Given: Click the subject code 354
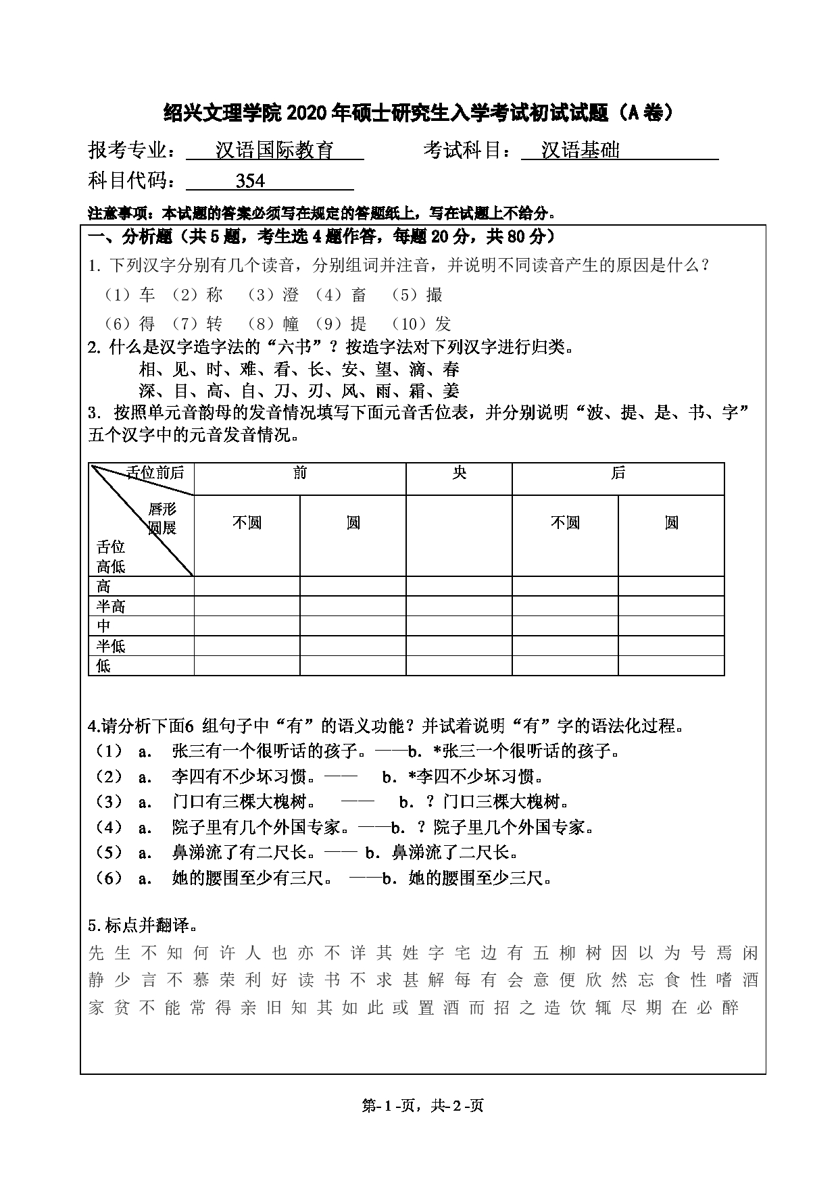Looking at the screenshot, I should (x=250, y=181).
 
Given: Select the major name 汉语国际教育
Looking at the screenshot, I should (x=274, y=150).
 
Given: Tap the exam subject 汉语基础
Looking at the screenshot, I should (x=581, y=150).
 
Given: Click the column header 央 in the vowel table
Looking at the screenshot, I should (x=459, y=474).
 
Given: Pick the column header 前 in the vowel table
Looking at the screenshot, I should (x=299, y=474).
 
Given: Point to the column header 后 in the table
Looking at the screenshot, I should (x=618, y=474).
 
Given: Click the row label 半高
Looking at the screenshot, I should (x=111, y=606).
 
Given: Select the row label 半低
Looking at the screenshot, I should (x=111, y=646).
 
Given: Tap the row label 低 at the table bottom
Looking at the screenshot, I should (x=103, y=666).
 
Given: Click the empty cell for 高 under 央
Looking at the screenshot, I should (x=459, y=586).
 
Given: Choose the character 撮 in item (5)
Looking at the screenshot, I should (x=434, y=295).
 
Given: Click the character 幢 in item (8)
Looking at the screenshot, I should (x=292, y=324).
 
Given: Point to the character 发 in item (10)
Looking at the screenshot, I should (x=443, y=324).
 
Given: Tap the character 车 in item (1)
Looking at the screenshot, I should (x=147, y=295).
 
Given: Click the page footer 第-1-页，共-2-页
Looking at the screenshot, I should (x=423, y=1106).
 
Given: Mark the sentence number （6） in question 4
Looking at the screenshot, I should (x=109, y=878).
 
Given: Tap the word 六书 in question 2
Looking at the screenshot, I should (x=295, y=347).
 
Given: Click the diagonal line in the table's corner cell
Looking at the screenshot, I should (x=142, y=520).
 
